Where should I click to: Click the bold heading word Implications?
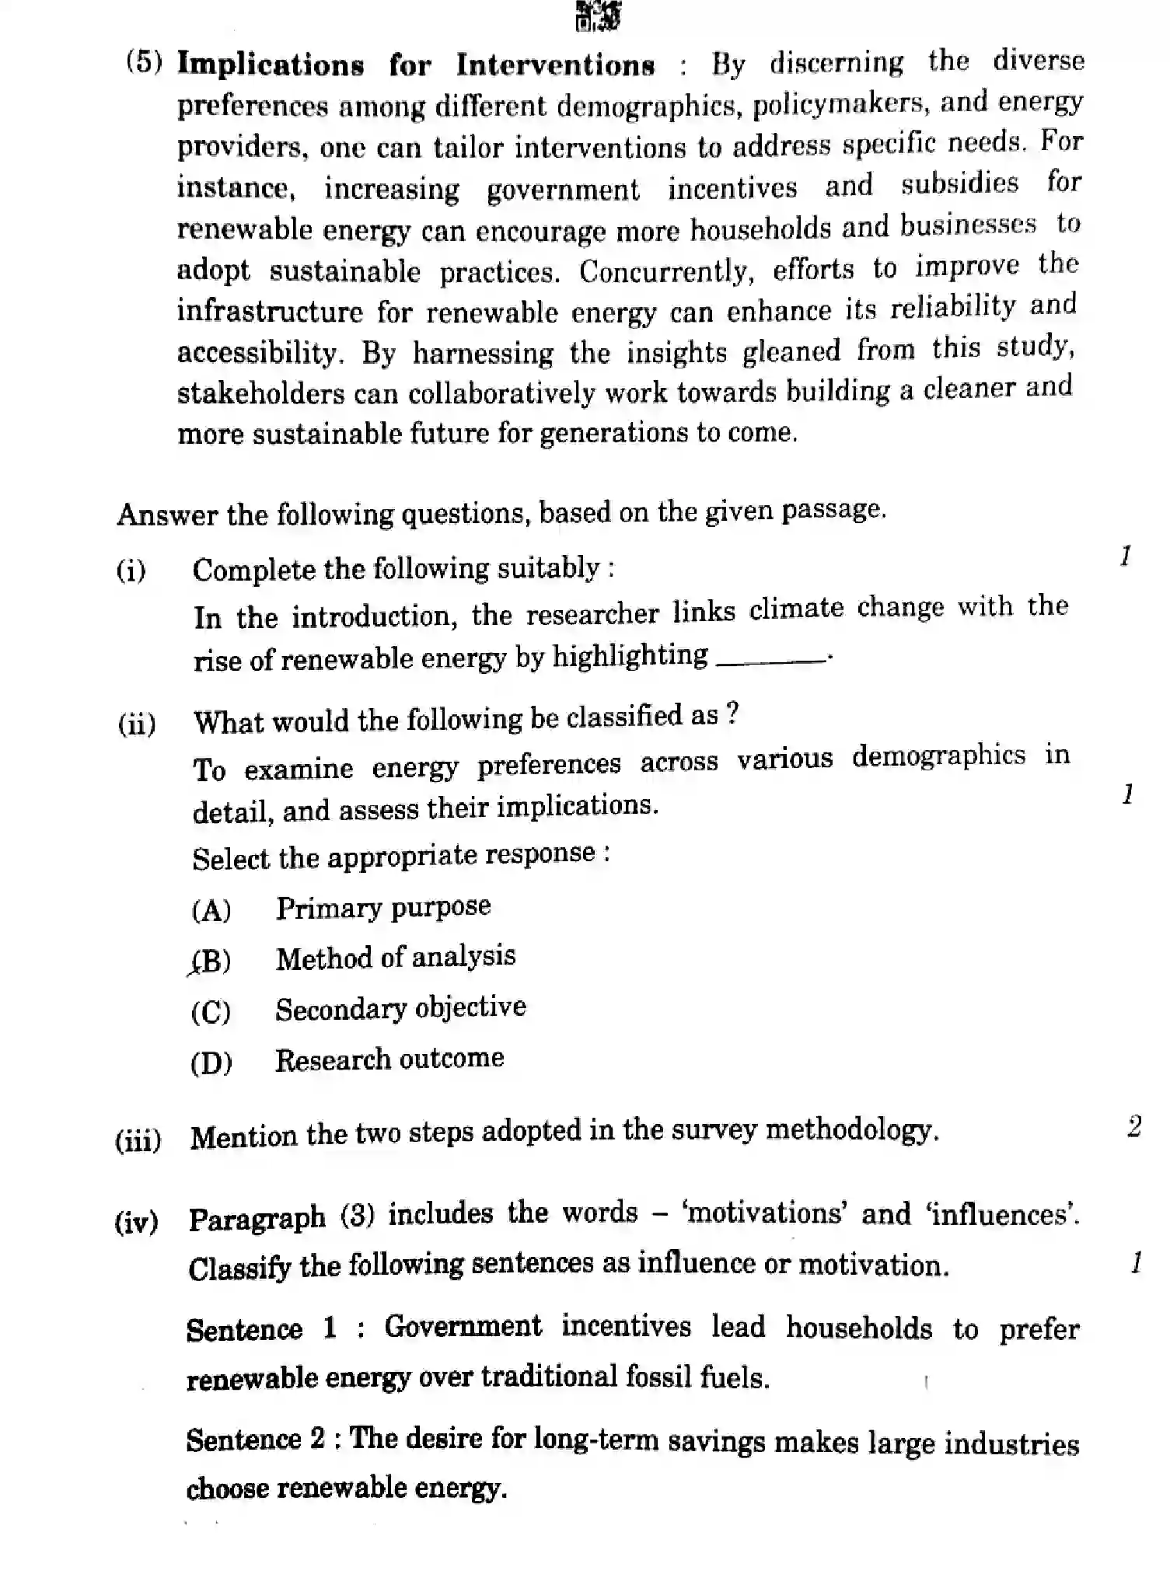(x=270, y=65)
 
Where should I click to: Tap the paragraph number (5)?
(x=145, y=63)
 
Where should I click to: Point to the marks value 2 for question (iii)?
(x=1134, y=1126)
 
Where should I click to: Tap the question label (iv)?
(x=137, y=1223)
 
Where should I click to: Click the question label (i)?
(x=131, y=571)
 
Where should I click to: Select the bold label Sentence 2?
(x=255, y=1440)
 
